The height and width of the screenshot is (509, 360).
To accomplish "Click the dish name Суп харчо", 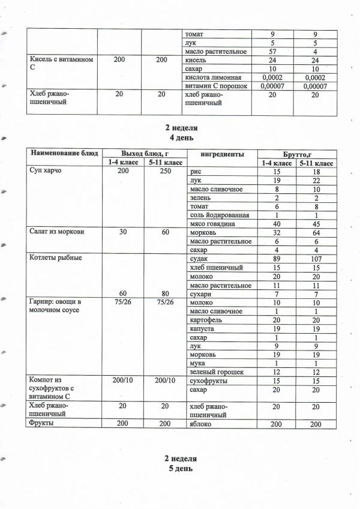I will pos(46,171).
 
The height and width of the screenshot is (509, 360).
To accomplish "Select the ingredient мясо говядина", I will pos(209,223).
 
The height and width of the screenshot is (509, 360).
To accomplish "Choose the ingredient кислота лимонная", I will pos(214,77).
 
